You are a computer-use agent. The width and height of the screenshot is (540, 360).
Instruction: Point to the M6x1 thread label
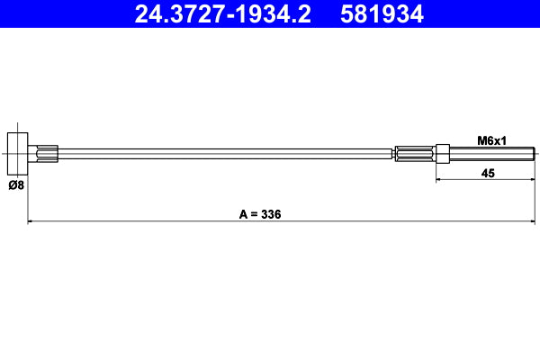[491, 140]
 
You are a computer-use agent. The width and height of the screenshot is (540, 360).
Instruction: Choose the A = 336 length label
[261, 214]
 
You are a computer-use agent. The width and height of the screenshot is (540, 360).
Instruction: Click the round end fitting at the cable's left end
[18, 154]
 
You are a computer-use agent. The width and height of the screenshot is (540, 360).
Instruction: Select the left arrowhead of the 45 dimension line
[440, 180]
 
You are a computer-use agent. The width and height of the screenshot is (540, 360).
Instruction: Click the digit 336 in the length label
[273, 214]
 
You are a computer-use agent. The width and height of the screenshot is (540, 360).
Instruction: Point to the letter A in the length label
[243, 214]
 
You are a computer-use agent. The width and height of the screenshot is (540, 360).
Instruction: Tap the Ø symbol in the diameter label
[11, 186]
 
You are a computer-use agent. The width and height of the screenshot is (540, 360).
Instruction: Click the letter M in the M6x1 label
[481, 140]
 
